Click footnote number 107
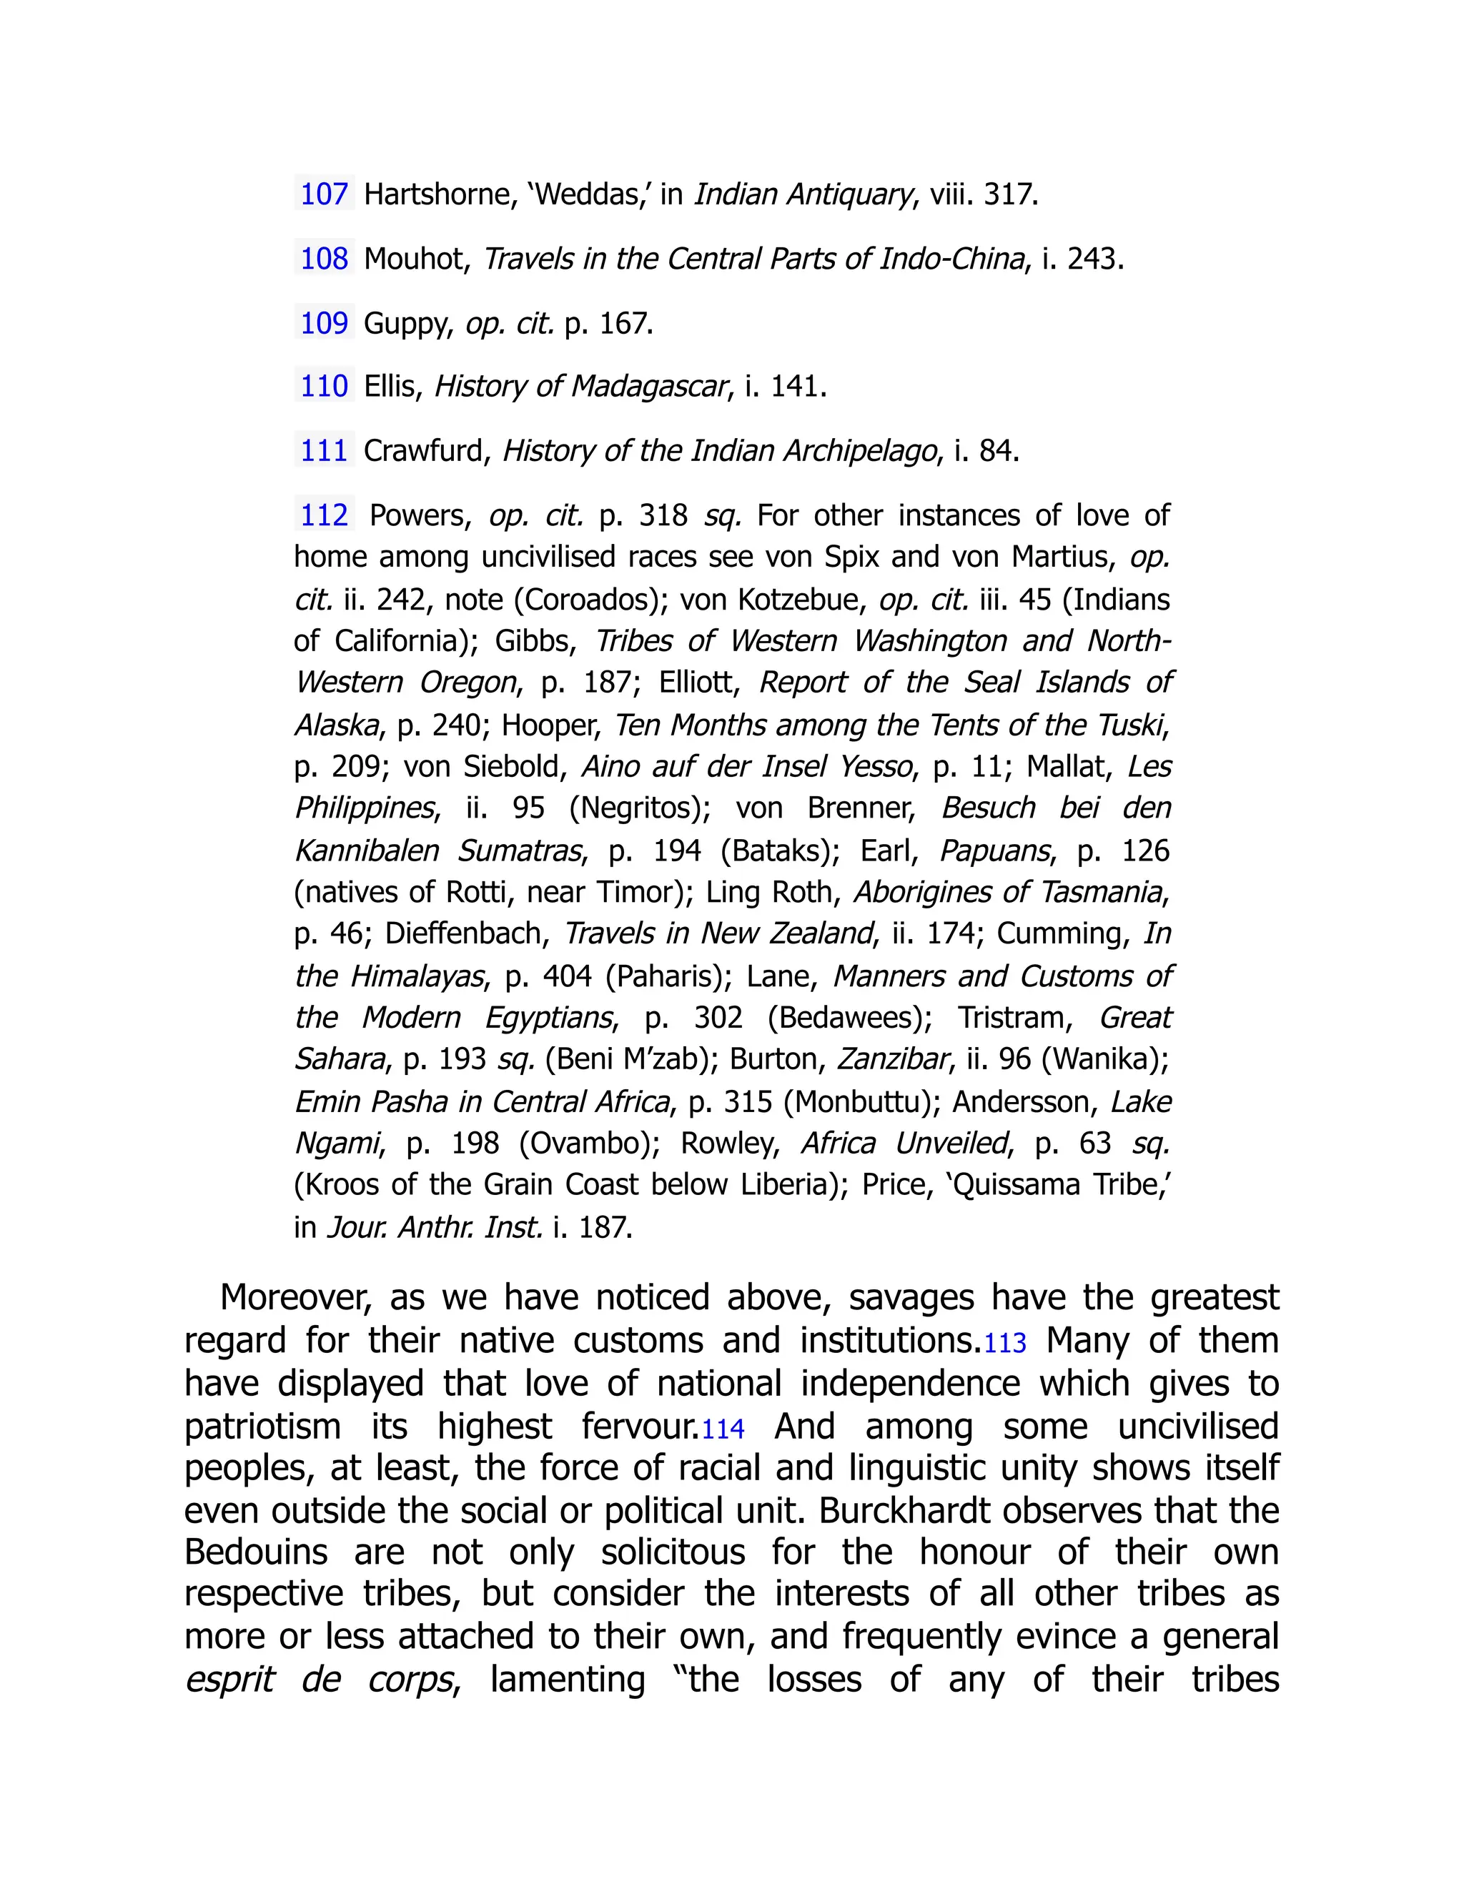[x=324, y=194]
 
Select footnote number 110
[x=324, y=386]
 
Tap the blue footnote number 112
[x=324, y=515]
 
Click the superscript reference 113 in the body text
[x=1005, y=1344]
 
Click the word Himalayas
[x=416, y=976]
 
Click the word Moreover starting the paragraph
[x=295, y=1298]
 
